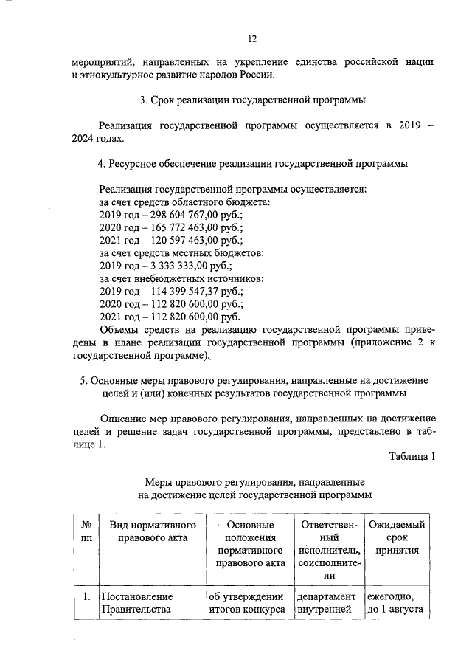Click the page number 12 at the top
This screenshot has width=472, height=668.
(x=251, y=38)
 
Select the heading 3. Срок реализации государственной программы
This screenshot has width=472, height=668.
(x=251, y=99)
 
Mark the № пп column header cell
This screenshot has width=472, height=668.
(x=86, y=531)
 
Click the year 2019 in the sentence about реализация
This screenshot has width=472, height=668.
(x=403, y=125)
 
